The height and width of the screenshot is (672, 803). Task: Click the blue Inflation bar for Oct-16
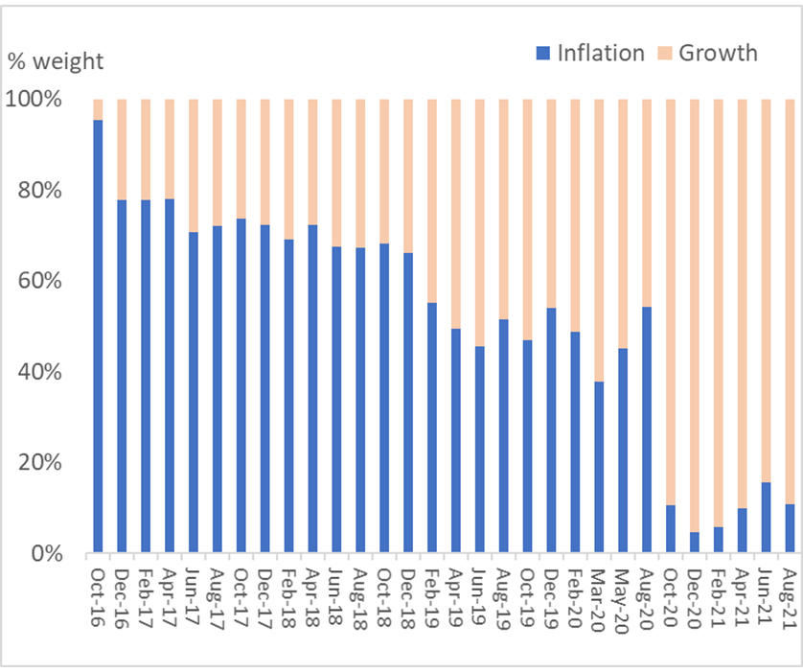point(98,336)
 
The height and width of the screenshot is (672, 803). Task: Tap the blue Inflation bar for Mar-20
point(599,467)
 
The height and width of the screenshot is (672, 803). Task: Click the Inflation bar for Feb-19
point(432,428)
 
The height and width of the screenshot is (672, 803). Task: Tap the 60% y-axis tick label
point(39,281)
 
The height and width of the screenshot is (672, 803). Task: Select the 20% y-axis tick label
point(39,463)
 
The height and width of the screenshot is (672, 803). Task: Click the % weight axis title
point(56,62)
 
